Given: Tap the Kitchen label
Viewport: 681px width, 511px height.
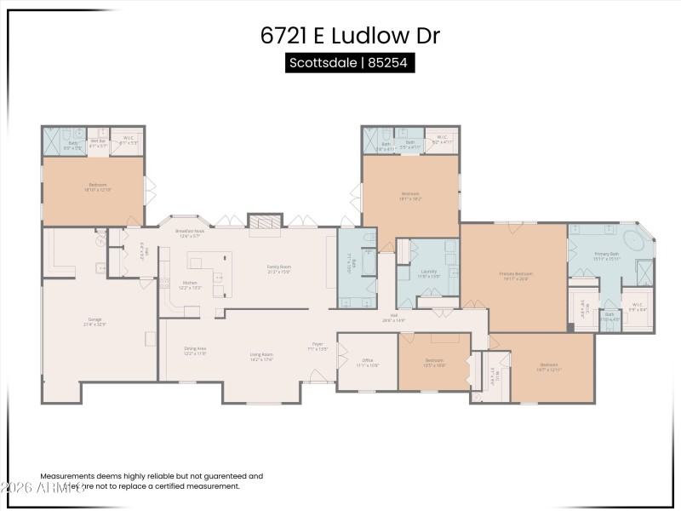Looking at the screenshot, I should pyautogui.click(x=190, y=284).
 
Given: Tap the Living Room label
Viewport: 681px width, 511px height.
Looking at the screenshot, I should pyautogui.click(x=261, y=356).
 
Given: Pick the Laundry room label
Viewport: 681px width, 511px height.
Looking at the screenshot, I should pyautogui.click(x=428, y=273).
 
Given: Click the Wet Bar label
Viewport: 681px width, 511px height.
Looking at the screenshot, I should pyautogui.click(x=97, y=142).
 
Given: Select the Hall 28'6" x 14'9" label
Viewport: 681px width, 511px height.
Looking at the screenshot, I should pyautogui.click(x=394, y=318).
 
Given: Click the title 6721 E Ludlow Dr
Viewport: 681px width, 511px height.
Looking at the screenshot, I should pyautogui.click(x=350, y=36).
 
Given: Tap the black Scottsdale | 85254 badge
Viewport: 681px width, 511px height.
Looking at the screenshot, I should pyautogui.click(x=350, y=64).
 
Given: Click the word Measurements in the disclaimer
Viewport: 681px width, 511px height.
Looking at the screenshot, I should pyautogui.click(x=69, y=477).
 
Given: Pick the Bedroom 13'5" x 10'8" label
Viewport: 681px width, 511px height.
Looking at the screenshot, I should pyautogui.click(x=434, y=362).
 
